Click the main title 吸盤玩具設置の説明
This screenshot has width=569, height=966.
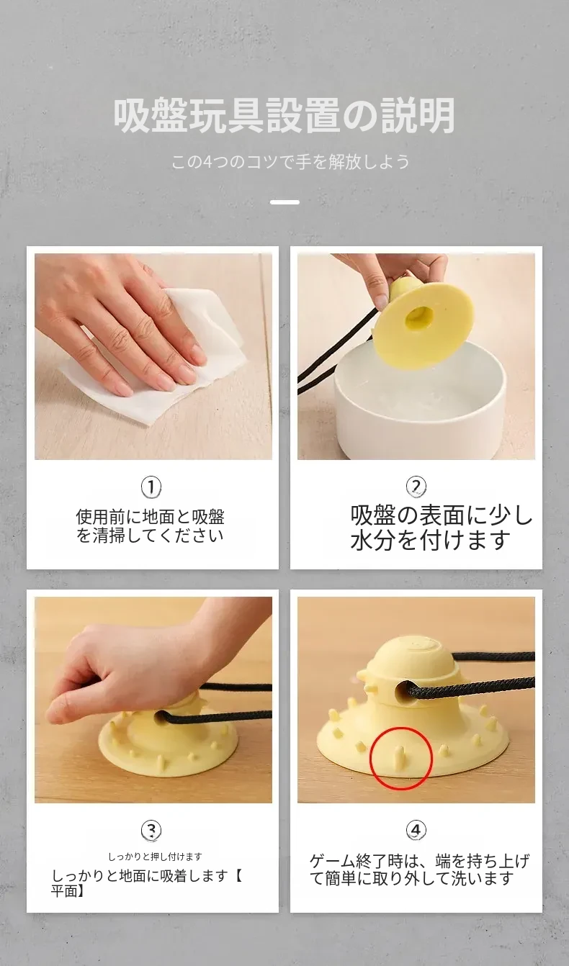point(284,116)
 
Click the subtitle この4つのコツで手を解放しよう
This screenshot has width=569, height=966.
point(290,162)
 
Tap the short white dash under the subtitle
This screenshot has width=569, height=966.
point(284,202)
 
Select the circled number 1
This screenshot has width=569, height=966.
point(151,487)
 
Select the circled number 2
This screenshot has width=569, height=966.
point(416,487)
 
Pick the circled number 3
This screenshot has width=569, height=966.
point(151,830)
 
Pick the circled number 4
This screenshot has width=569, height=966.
point(416,829)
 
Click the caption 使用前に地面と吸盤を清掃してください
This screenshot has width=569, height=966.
point(151,525)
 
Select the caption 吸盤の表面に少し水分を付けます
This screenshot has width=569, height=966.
point(442,528)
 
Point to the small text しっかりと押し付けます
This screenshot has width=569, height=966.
point(155,857)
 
